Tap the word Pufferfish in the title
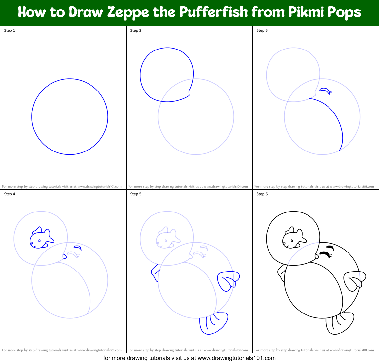(213, 12)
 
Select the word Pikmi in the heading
(307, 12)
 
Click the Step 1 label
(10, 30)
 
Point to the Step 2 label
(136, 30)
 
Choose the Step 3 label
(262, 30)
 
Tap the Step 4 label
(10, 194)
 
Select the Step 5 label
(136, 194)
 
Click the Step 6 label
(262, 194)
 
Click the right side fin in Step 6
(354, 281)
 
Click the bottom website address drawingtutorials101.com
(236, 358)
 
